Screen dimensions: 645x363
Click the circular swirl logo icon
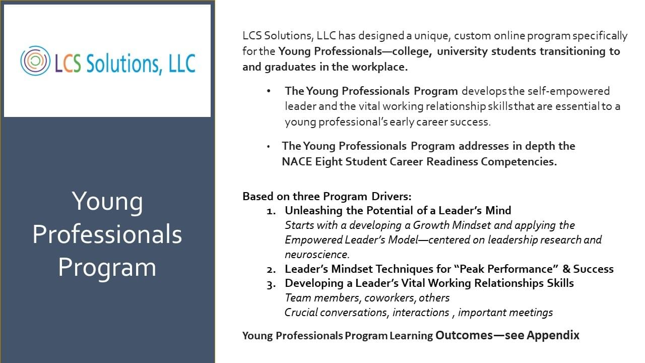click(x=35, y=61)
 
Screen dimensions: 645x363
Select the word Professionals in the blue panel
click(x=107, y=234)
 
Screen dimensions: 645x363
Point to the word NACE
click(x=297, y=162)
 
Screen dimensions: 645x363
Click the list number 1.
click(x=271, y=211)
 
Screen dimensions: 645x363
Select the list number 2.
click(x=271, y=270)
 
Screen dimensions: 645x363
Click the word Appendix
click(x=553, y=336)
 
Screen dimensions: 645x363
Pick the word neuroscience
click(x=317, y=255)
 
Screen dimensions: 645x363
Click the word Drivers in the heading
click(x=392, y=197)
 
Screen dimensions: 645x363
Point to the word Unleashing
click(x=313, y=211)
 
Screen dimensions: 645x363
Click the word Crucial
click(x=301, y=313)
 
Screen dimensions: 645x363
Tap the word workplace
click(x=380, y=68)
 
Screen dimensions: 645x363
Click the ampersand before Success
click(x=566, y=269)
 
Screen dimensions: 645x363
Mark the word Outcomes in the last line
click(x=464, y=335)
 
